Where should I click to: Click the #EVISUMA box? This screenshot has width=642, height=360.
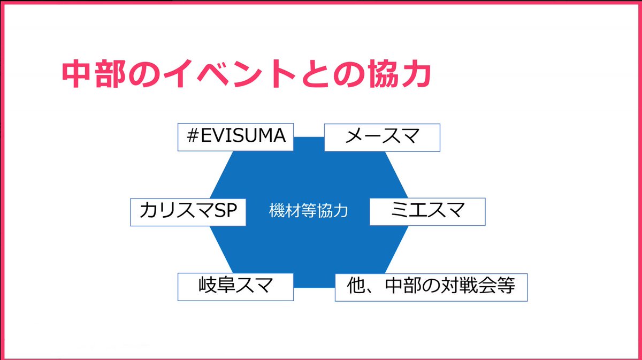pos(236,137)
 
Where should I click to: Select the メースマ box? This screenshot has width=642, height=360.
pos(382,137)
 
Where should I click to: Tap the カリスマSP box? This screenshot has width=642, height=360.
pos(188,212)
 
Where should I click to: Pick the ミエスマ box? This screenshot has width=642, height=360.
pos(427,212)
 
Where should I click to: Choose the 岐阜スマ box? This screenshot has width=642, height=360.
pos(235,286)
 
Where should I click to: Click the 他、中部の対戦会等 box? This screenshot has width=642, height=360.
pos(431,287)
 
